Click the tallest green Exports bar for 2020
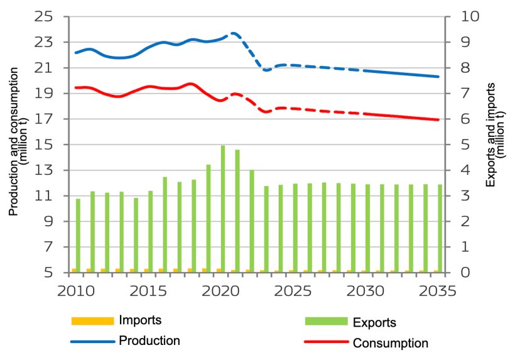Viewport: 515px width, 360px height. coord(222,209)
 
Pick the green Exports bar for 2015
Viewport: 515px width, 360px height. coord(150,231)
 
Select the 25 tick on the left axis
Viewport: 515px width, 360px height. coord(44,17)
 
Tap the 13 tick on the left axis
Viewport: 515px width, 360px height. coord(44,170)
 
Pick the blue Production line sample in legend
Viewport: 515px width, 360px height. coord(93,341)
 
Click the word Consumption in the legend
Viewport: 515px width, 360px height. coord(390,343)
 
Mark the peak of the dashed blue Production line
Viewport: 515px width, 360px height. coord(234,33)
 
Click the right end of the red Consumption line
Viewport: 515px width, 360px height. coord(438,119)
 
